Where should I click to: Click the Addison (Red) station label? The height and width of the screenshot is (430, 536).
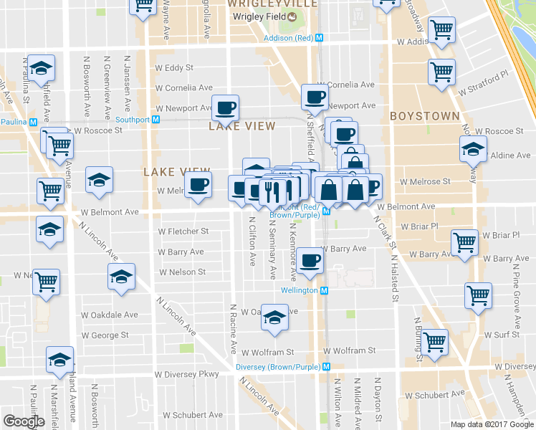pos(289,37)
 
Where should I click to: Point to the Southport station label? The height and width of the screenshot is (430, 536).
pos(129,120)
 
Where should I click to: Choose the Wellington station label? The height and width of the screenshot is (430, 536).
pos(299,290)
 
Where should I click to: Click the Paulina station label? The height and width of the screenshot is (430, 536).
pos(14,122)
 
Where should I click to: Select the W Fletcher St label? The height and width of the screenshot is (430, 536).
pos(183,231)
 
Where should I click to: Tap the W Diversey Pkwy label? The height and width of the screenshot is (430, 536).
pos(185,374)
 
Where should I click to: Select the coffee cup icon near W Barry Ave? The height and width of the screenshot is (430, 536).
pos(311,259)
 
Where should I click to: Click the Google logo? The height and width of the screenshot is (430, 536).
pos(24,421)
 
